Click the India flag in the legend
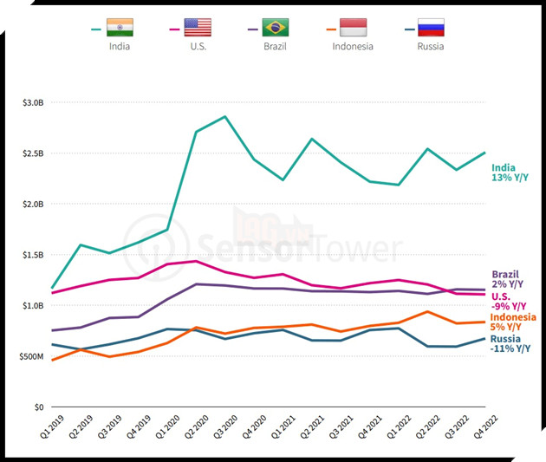coord(120,28)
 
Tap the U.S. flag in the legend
coord(198,28)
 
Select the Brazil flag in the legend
coord(276,28)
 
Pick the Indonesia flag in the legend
coord(353,28)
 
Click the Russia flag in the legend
coord(431,28)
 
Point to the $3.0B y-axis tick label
coord(32,102)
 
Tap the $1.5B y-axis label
coord(32,255)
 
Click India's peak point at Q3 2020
coord(225,116)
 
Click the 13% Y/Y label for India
coord(510,178)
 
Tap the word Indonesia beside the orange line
coord(512,317)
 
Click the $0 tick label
coord(39,407)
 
